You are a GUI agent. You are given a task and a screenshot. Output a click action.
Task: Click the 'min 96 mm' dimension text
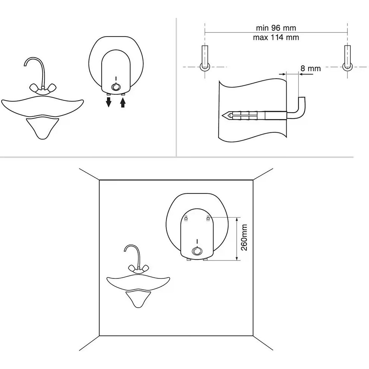(276, 28)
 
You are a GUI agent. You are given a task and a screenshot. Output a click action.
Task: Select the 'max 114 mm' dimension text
(276, 37)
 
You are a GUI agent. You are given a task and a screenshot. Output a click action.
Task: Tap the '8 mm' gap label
(310, 69)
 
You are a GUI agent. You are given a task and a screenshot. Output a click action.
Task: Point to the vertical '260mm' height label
(244, 237)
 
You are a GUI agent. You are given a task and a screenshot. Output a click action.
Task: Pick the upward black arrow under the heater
(123, 102)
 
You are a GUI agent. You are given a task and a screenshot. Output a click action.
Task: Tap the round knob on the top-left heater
(116, 87)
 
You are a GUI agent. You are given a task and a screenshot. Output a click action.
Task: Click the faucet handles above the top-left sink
(43, 88)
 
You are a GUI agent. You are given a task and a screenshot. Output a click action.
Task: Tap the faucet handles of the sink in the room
(139, 268)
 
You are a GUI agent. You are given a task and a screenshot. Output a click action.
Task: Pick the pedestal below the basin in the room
(138, 299)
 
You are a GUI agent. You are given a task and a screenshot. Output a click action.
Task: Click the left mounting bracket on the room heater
(186, 218)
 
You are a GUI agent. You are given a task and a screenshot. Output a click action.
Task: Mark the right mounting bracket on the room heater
(208, 218)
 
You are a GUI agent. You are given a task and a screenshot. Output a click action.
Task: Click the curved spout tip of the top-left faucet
(25, 65)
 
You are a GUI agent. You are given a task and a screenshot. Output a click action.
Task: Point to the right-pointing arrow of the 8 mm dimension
(282, 74)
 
